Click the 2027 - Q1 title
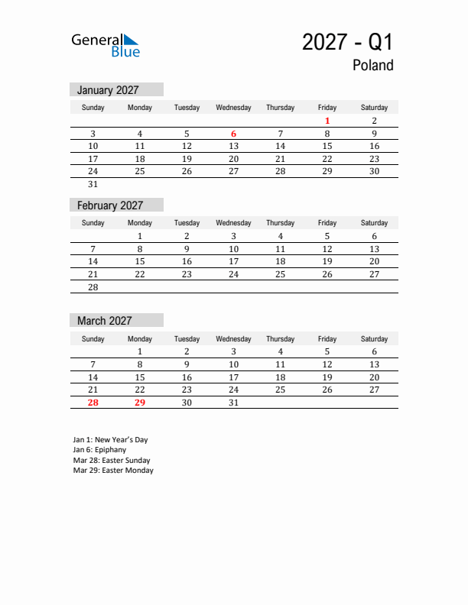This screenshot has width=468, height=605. point(347,42)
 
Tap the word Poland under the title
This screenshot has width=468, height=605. point(372,66)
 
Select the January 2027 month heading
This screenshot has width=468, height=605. point(108,90)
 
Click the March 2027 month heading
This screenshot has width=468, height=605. point(104,321)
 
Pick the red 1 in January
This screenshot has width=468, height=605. point(327,121)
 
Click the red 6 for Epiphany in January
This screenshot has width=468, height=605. point(233,134)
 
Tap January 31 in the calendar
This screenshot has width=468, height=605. point(93,184)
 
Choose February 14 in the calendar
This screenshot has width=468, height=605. point(93,261)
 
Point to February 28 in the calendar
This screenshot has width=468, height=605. point(93,287)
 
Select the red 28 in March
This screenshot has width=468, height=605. point(93,403)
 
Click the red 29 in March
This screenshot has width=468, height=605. point(140,403)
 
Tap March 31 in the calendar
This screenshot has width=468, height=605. point(233,403)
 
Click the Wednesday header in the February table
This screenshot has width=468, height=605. point(233,223)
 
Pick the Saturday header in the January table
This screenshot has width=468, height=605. point(374,108)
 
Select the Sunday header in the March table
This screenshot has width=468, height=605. point(93,339)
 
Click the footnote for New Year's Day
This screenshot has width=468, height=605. point(110,440)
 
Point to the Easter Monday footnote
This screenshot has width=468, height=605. point(113,471)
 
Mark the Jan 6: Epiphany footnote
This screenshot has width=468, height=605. point(99,450)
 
